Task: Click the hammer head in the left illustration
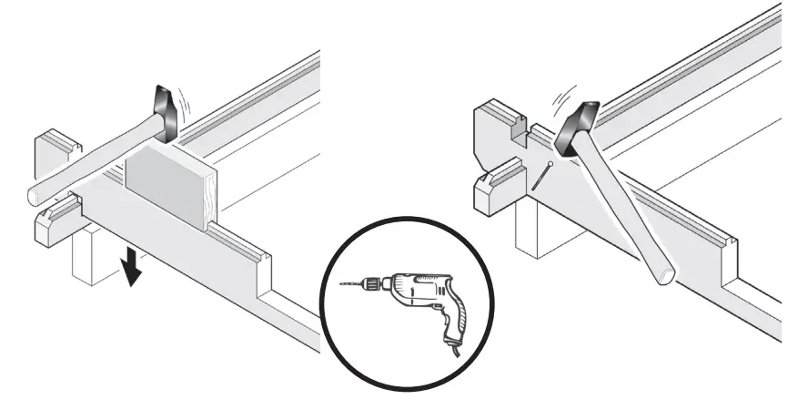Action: tap(165, 110)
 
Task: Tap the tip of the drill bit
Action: tap(341, 285)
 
